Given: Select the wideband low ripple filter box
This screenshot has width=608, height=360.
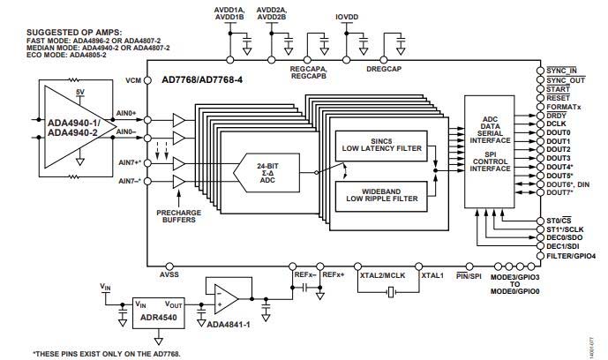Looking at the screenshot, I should [380, 196].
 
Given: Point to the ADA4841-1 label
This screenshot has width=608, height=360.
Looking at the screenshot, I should [230, 324].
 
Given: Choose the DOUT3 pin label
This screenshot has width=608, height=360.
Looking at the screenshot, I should [559, 159].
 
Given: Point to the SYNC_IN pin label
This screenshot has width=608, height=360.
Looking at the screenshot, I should [561, 70].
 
